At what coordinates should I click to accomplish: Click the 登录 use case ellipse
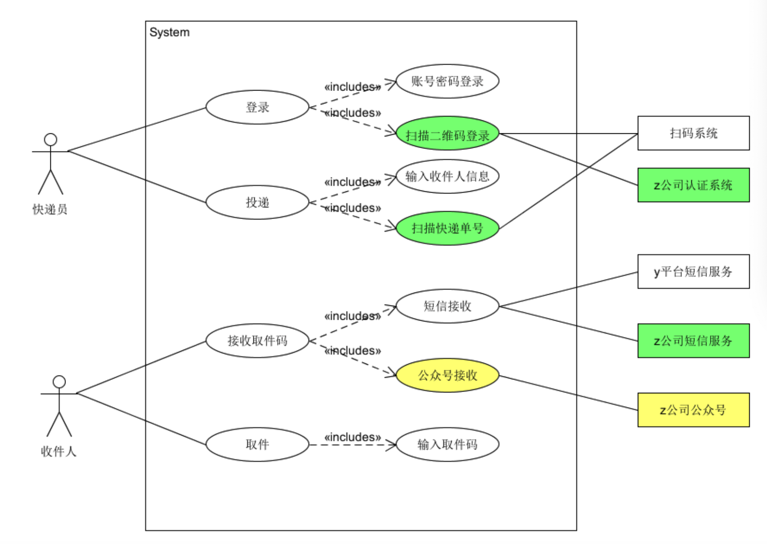pos(257,107)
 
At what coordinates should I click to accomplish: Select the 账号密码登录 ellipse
pos(447,82)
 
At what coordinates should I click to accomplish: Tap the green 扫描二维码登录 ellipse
pos(447,134)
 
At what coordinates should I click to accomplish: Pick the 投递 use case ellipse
pos(257,202)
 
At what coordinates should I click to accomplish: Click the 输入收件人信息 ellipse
pos(447,177)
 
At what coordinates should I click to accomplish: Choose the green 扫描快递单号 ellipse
pos(447,228)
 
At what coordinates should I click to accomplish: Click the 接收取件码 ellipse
pos(257,341)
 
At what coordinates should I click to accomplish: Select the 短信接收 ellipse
pos(447,306)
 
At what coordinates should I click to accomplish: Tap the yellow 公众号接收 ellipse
pos(447,375)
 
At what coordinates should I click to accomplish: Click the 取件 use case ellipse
pos(257,445)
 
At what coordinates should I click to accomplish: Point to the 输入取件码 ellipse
pos(447,445)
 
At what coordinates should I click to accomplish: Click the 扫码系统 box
pos(693,133)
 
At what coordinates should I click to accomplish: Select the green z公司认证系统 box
pos(693,185)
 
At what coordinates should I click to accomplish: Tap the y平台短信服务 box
pos(693,272)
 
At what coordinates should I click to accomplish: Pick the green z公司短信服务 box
pos(693,341)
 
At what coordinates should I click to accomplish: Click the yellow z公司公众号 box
pos(693,410)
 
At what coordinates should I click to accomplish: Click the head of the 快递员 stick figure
pos(51,140)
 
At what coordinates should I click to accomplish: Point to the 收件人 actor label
pos(58,451)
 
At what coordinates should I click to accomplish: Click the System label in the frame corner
pos(169,33)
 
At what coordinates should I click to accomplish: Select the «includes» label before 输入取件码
pos(352,437)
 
